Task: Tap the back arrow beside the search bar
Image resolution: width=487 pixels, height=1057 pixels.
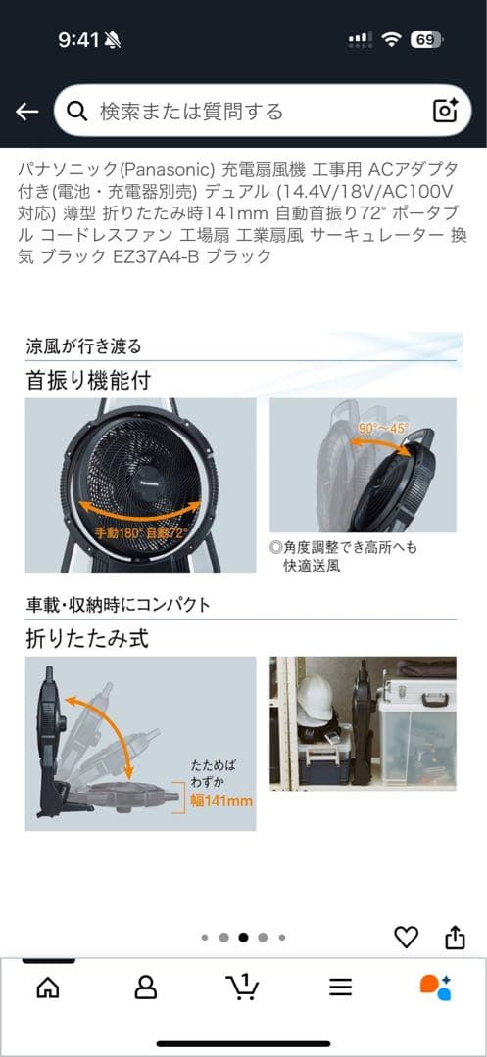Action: point(26,112)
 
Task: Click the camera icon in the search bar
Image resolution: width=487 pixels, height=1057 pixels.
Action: point(445,111)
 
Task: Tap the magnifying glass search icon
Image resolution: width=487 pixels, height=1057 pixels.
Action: point(77,111)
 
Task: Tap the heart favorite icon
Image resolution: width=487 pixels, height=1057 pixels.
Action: point(406,937)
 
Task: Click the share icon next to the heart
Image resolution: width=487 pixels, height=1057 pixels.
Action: point(455,937)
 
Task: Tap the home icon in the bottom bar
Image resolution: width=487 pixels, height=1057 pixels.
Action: point(47,987)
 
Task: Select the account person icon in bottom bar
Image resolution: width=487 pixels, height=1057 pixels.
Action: point(145,987)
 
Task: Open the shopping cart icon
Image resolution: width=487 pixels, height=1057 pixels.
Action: point(242,987)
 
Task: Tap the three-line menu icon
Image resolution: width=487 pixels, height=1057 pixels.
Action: point(340,987)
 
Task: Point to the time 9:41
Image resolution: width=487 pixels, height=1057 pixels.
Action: point(78,39)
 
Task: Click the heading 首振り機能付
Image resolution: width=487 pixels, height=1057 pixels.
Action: point(88,381)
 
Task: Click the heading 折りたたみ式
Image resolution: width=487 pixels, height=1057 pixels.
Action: point(87,639)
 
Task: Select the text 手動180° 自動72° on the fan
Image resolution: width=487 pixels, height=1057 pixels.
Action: point(141,533)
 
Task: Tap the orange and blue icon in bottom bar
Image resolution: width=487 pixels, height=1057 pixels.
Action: point(435,987)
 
